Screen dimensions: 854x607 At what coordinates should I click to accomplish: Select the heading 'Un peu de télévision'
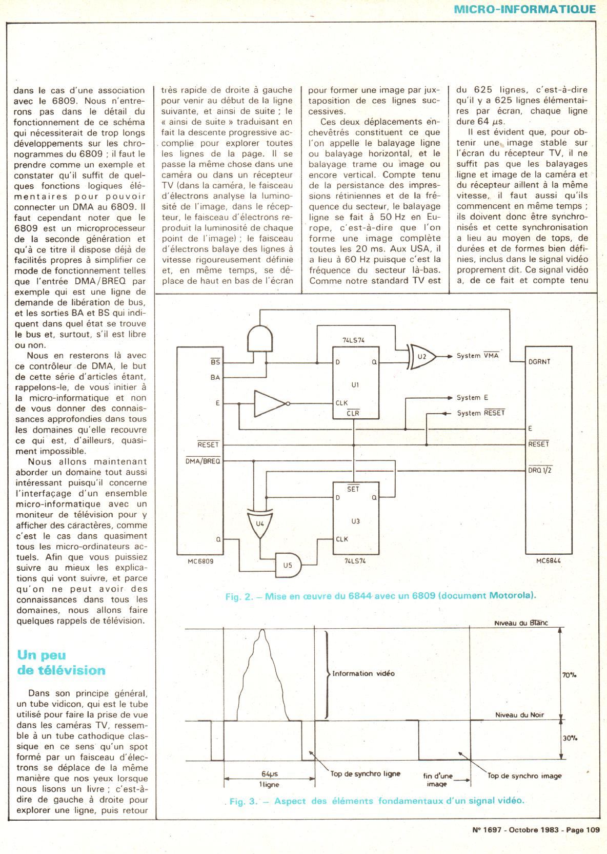61,662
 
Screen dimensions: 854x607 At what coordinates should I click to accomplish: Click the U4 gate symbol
260,523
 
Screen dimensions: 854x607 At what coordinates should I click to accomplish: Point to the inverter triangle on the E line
270,403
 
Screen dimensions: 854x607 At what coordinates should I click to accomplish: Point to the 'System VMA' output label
477,356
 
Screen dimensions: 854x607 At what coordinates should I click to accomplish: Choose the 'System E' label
469,397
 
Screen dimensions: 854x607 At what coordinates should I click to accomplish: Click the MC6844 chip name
548,561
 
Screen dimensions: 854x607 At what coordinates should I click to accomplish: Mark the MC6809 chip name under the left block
200,561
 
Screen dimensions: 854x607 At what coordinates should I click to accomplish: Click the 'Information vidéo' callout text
363,673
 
